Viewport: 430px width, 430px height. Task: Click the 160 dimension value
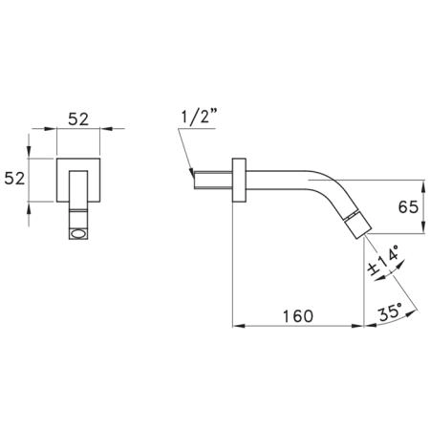pos(298,315)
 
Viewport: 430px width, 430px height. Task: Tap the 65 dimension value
pos(408,207)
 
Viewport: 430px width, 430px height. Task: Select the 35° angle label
pos(391,312)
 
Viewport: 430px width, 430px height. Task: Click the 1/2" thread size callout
pos(199,117)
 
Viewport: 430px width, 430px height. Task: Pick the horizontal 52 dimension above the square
pos(78,119)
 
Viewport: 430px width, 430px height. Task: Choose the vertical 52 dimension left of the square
pos(14,179)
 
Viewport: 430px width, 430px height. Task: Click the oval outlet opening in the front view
pos(78,234)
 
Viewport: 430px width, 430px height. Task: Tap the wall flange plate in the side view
pos(239,180)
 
